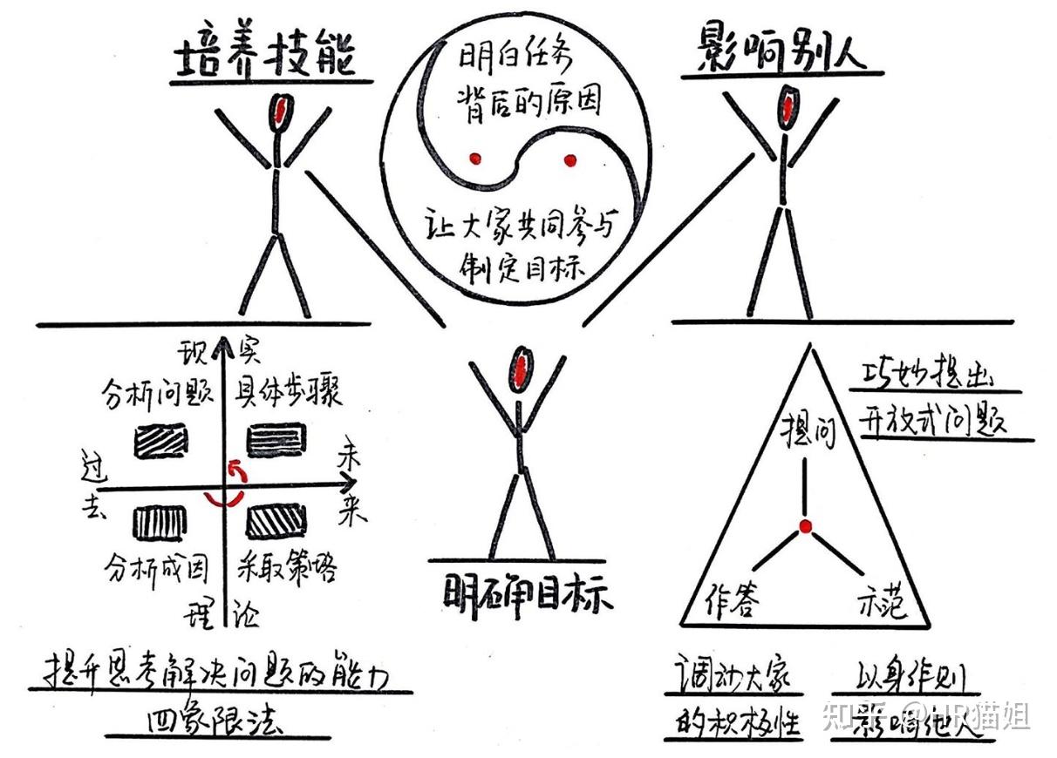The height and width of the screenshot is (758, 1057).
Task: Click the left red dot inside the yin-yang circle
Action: click(x=474, y=159)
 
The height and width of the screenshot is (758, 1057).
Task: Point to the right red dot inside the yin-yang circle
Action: click(x=570, y=160)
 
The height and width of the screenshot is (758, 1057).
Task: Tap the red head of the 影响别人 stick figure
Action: click(x=789, y=106)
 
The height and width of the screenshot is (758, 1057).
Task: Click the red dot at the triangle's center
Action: click(x=806, y=526)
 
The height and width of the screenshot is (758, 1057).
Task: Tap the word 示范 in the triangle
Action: click(x=878, y=602)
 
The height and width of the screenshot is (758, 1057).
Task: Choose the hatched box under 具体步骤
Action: click(x=276, y=439)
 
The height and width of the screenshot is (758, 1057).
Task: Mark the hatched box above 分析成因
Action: click(x=160, y=521)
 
